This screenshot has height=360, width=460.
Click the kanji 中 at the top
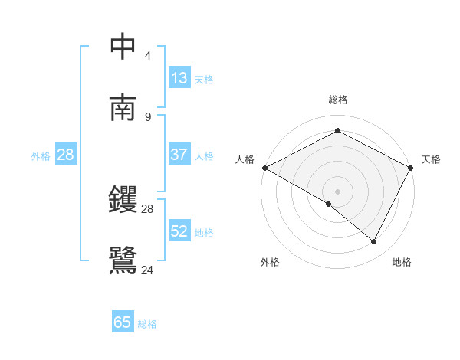tap(123, 47)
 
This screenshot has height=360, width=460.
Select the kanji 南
tap(123, 108)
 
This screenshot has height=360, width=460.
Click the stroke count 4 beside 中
tap(147, 56)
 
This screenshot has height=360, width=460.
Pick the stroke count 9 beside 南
tap(147, 116)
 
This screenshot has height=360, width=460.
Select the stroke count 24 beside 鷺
tap(148, 270)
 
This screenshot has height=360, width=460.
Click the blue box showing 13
tap(179, 78)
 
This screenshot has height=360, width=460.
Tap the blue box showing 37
tap(179, 155)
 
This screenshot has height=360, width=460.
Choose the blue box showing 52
tap(179, 231)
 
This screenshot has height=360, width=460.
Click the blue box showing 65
tap(123, 322)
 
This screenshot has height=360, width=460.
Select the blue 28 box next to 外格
tap(66, 155)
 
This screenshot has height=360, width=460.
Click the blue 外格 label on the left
tap(41, 155)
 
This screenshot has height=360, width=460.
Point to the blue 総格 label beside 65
tap(147, 323)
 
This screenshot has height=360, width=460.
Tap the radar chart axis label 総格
tap(337, 100)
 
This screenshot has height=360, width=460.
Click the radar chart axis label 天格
tap(431, 159)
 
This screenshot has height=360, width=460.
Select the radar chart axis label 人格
tap(245, 159)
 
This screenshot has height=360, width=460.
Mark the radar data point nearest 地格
tap(374, 241)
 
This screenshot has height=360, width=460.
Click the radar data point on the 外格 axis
tap(328, 204)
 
